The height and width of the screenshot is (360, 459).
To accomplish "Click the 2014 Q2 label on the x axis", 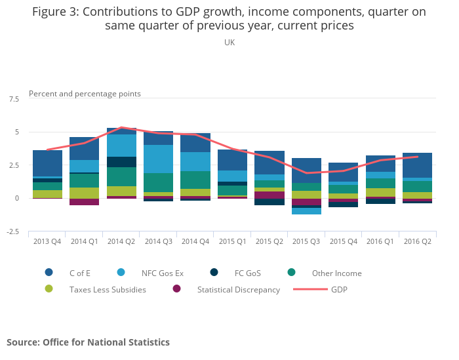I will click(121, 241).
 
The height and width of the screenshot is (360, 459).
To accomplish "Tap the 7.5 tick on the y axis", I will click(14, 99).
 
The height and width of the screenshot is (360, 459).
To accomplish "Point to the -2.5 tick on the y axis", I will click(12, 231).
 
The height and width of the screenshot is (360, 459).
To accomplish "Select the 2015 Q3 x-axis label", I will click(307, 241).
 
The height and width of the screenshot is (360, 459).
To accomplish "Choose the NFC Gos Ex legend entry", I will click(161, 273).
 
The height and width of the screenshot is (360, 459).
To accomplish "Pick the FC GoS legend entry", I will click(248, 273).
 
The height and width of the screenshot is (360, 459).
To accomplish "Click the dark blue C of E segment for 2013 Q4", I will click(47, 163).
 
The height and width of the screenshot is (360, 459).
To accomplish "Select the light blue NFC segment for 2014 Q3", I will click(158, 159).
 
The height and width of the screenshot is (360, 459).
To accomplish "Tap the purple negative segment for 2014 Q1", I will click(84, 202).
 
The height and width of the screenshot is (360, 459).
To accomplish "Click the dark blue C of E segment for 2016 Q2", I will click(418, 165).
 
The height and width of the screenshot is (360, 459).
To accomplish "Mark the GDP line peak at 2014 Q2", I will click(121, 127).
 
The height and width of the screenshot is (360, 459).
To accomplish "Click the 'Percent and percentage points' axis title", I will click(85, 94).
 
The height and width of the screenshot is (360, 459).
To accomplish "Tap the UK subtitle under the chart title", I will click(229, 42).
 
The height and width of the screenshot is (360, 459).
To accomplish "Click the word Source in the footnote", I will click(23, 342).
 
